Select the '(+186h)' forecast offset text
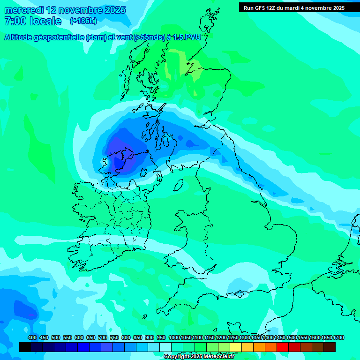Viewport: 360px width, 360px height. tap(83, 21)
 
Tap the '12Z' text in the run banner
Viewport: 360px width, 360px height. tap(272, 7)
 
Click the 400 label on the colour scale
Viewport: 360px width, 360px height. tap(32, 338)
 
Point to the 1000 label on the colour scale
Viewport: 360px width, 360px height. tap(174, 338)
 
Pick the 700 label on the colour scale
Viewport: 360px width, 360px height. tap(103, 338)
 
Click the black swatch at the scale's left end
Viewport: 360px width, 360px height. tap(25, 347)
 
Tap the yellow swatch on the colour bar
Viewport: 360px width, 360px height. tap(236, 347)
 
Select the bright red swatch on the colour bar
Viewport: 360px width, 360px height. tap(283, 347)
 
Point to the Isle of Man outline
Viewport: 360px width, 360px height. tap(178, 185)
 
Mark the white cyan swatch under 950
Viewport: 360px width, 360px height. tap(165, 347)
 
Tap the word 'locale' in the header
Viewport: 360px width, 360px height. tap(45, 21)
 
